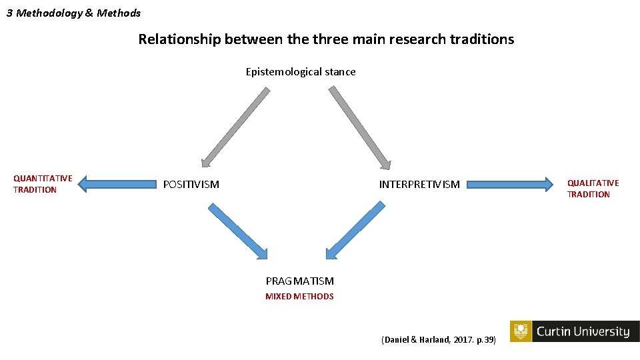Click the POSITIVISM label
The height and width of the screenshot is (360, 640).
(191, 184)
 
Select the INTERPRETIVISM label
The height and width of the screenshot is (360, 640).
(419, 184)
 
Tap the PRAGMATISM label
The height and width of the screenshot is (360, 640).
(299, 281)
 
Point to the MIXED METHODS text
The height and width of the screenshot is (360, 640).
(299, 297)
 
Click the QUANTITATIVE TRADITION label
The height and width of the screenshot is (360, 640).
(43, 184)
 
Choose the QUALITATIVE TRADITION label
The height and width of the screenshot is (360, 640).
(593, 189)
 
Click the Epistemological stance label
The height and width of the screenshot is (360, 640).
(301, 72)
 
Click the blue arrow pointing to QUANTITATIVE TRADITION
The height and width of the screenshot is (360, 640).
(116, 183)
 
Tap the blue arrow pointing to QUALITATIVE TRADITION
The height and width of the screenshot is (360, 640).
(510, 183)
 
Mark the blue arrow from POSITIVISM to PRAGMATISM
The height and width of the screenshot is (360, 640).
(237, 231)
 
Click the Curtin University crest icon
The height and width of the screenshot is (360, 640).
(521, 331)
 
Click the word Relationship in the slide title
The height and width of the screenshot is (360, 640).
(179, 39)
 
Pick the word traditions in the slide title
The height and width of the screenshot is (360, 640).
(481, 39)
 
